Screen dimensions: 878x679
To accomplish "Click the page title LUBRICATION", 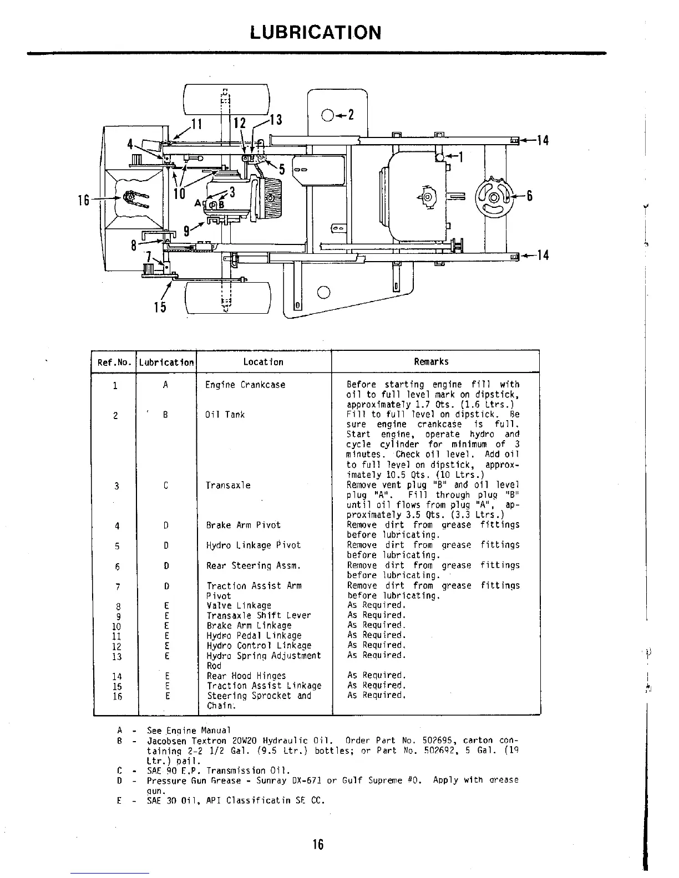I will click(316, 33).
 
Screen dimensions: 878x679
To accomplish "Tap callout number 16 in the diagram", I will click(84, 200).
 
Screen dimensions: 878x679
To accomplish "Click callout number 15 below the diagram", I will click(160, 306).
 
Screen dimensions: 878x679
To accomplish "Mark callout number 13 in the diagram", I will click(276, 120).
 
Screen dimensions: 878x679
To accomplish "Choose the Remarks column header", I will click(431, 362).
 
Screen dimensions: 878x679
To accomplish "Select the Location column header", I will click(263, 362).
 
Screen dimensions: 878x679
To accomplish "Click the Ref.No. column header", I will click(114, 363).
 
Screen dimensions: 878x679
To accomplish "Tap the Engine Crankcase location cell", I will click(245, 385).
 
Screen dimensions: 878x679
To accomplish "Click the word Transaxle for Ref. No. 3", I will click(228, 486).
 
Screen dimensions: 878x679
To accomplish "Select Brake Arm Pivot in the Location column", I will click(243, 525).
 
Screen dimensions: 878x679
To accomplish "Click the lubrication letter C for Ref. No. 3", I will click(166, 486).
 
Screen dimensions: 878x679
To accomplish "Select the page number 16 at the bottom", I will click(317, 844).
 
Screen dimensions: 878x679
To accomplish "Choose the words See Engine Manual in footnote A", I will click(188, 731).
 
